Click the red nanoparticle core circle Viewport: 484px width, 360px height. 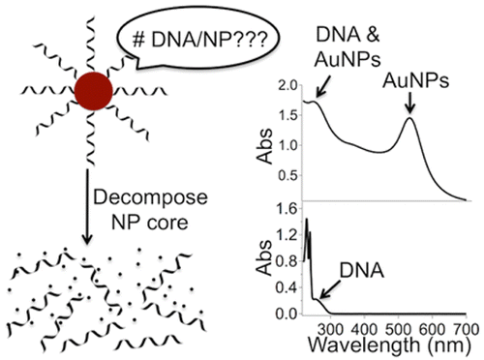click(x=94, y=91)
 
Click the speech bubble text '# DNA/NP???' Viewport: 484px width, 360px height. click(x=200, y=40)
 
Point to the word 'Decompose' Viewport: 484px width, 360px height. click(x=150, y=198)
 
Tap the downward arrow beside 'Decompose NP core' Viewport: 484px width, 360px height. click(x=87, y=206)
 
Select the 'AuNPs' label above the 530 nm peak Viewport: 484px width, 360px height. click(x=415, y=80)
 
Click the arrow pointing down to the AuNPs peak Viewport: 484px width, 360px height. click(x=409, y=103)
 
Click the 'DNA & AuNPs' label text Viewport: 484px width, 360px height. click(x=348, y=46)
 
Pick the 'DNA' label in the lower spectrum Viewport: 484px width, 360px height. click(x=362, y=270)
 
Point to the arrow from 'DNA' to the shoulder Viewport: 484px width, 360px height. click(x=330, y=289)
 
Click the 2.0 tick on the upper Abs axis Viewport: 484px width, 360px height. click(x=287, y=86)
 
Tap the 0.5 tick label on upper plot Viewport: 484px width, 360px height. click(x=287, y=176)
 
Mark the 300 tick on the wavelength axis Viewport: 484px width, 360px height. click(x=331, y=330)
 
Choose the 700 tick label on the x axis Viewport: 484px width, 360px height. click(x=466, y=330)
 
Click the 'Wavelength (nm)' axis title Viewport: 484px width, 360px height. click(x=389, y=345)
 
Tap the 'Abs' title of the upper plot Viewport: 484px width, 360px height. click(x=264, y=146)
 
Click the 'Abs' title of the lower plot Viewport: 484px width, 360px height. click(x=264, y=258)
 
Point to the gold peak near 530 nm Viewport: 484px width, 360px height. click(x=409, y=118)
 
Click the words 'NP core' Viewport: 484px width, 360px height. click(x=150, y=223)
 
